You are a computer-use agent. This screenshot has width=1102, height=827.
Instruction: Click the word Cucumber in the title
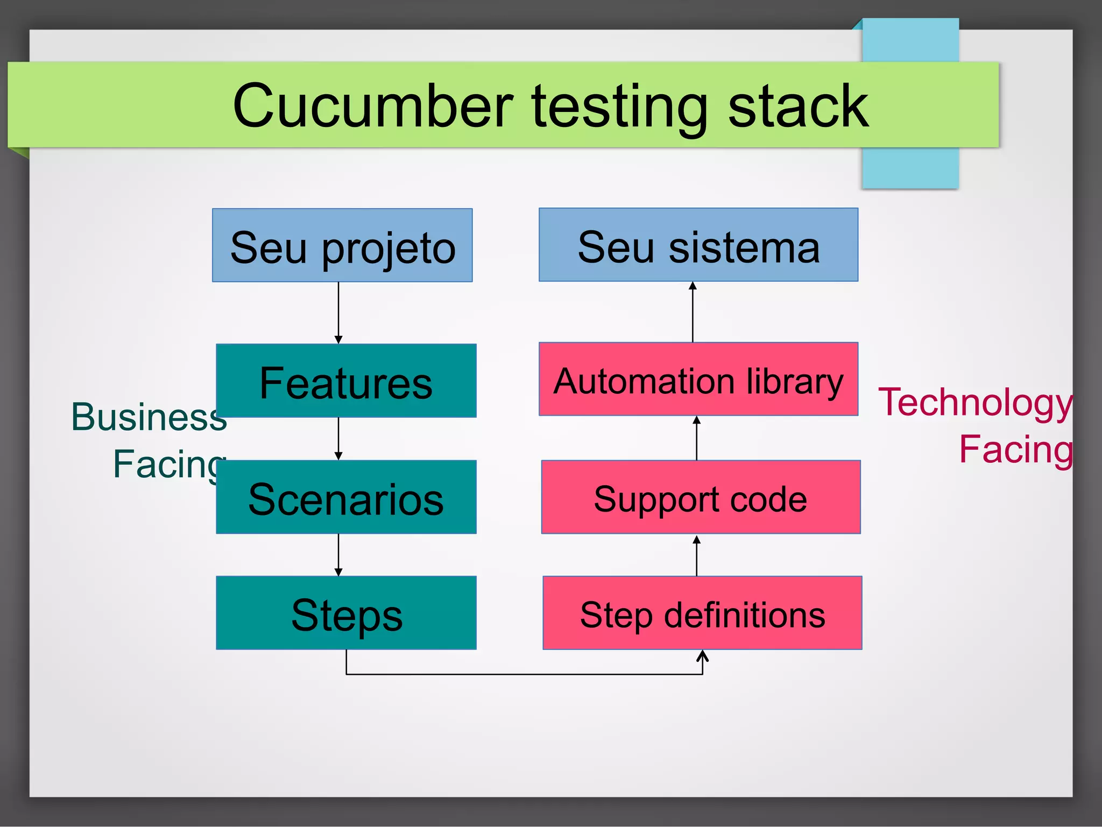tap(372, 106)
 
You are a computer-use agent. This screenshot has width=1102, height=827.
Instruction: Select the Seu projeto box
tap(342, 246)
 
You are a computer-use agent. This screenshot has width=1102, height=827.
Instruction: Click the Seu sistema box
tap(698, 245)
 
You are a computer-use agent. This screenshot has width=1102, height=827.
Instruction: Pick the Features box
tap(346, 381)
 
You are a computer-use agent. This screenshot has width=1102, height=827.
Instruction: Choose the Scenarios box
tap(346, 498)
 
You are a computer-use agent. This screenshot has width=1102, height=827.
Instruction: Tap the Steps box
tap(346, 613)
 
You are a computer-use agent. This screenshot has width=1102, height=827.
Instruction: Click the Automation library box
tap(698, 380)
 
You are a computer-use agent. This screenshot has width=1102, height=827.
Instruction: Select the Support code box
tap(701, 498)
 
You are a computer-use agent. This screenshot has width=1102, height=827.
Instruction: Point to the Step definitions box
tap(702, 613)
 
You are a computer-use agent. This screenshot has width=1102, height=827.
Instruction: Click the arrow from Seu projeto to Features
tap(338, 312)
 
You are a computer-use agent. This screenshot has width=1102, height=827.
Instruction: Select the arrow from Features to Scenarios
tap(338, 439)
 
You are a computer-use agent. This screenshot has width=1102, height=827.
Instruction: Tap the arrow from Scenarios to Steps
tap(338, 555)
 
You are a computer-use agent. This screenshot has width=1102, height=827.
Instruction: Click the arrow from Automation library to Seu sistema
tap(693, 312)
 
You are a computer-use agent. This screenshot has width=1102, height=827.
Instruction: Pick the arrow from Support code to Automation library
tap(697, 438)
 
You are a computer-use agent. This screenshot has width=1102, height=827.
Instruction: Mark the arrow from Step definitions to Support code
tap(697, 555)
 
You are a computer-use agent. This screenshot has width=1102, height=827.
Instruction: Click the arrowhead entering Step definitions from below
tap(702, 655)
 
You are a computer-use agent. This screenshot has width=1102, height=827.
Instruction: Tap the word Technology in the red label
tap(975, 403)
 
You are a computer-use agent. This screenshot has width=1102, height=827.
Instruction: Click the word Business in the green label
tap(149, 417)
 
